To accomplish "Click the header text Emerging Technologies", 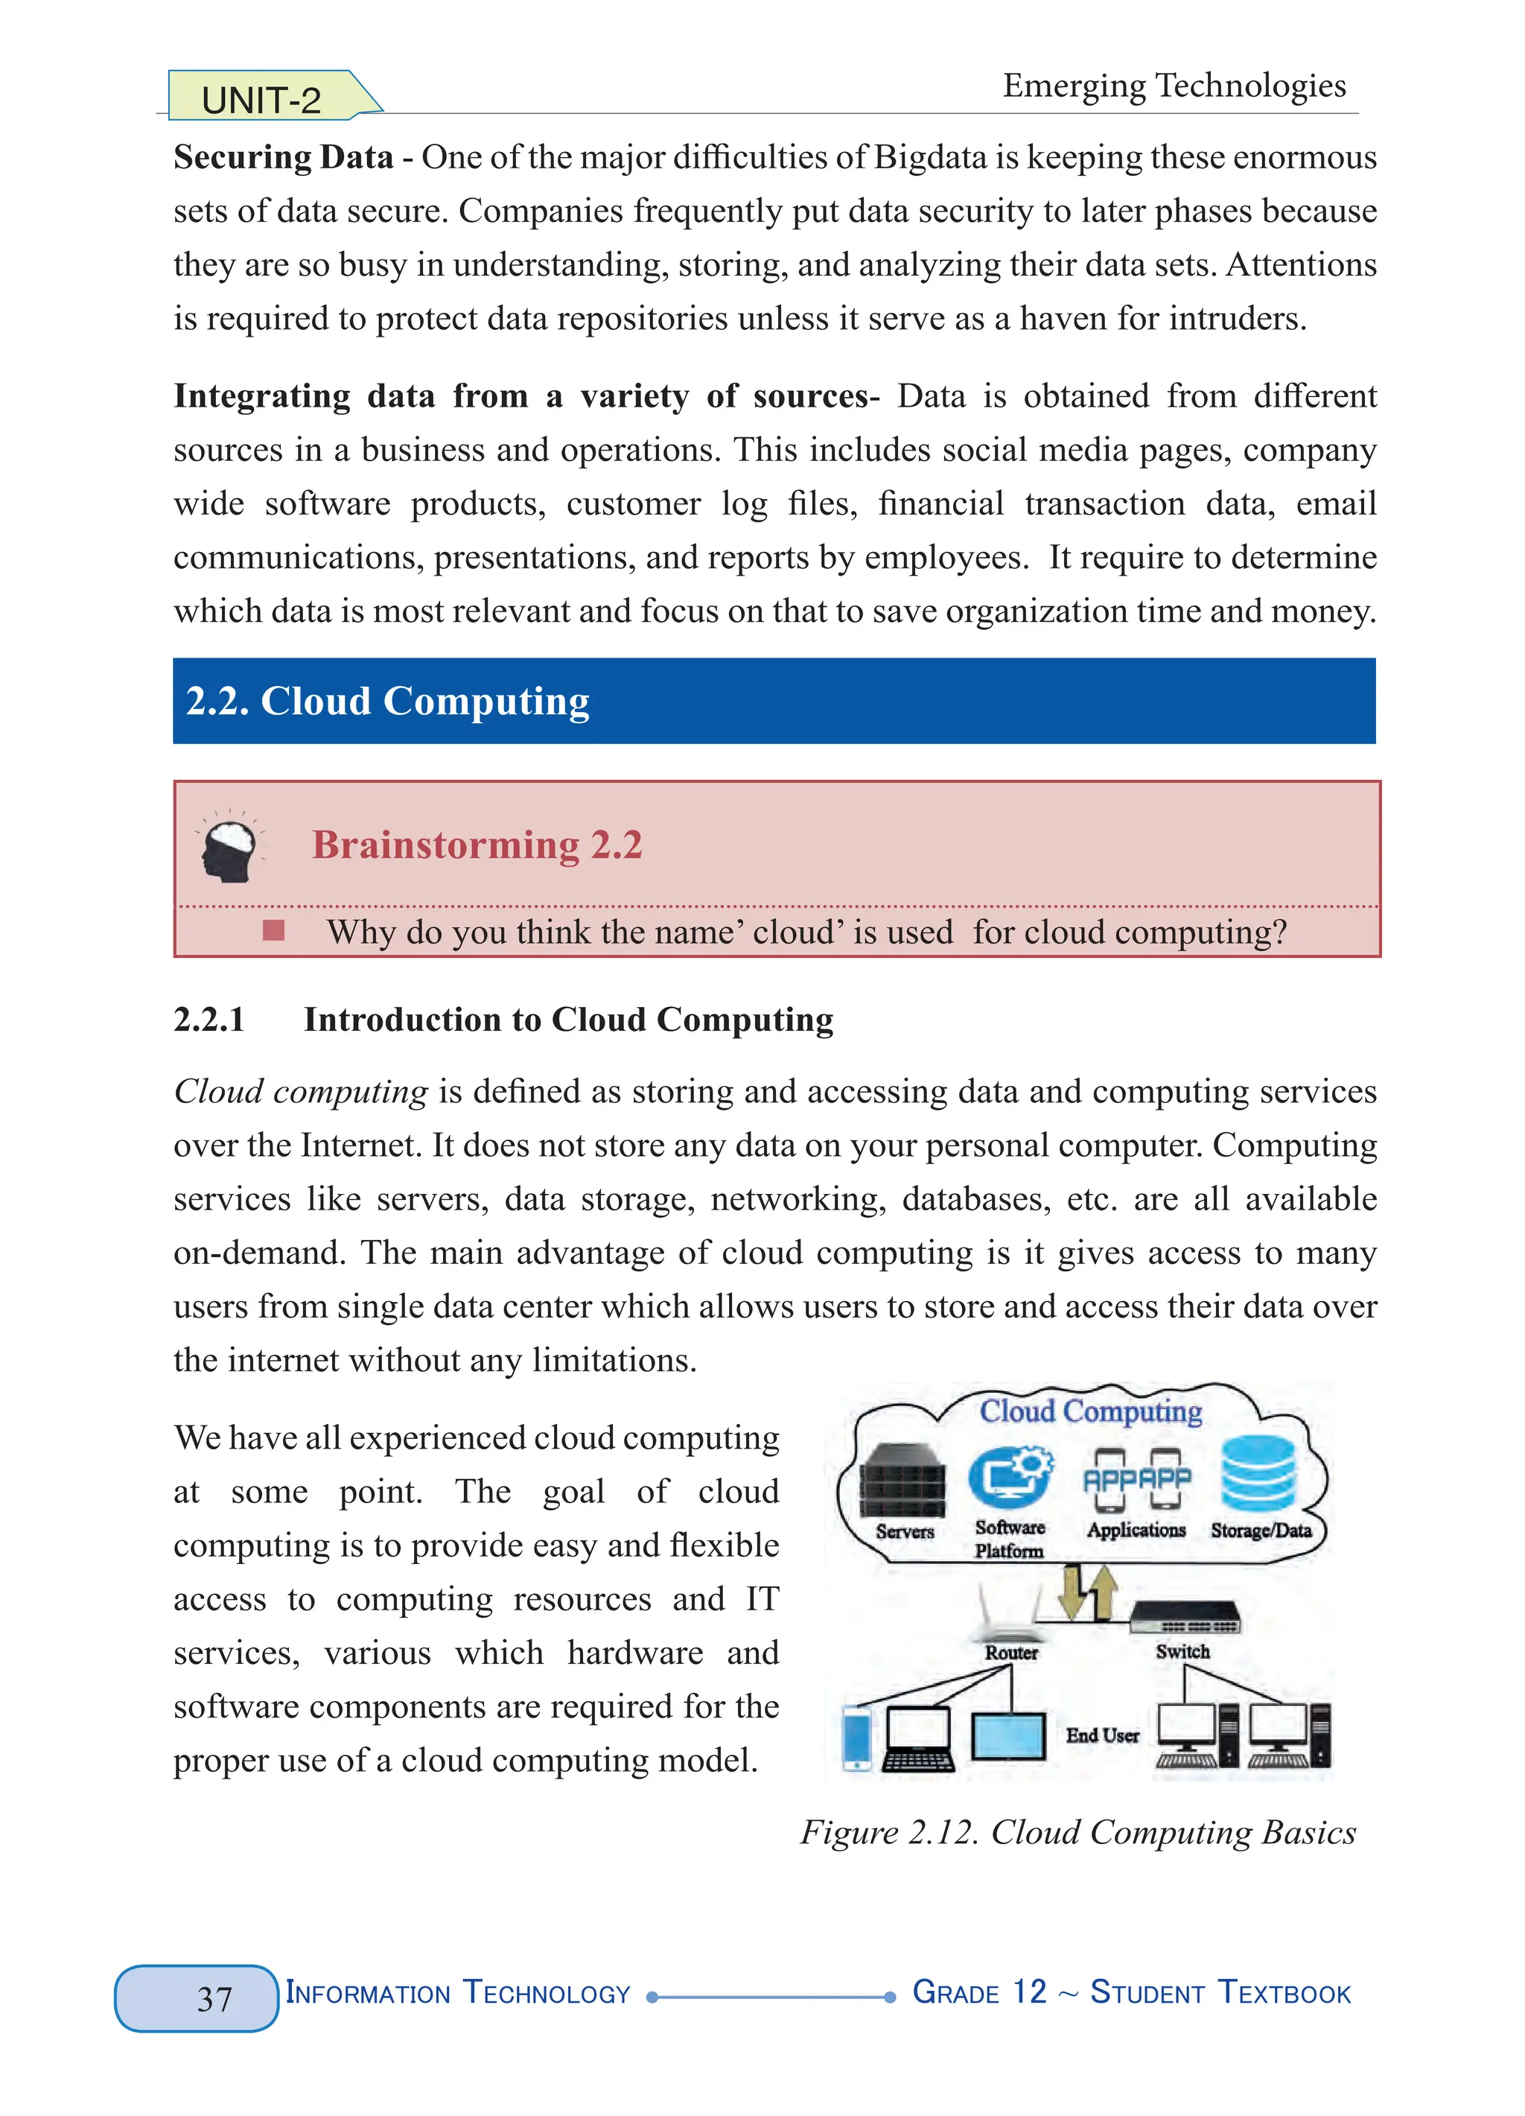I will [x=1174, y=86].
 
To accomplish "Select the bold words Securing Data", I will [x=283, y=156].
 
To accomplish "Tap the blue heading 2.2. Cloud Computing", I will [x=387, y=701].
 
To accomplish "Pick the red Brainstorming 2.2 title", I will [x=477, y=845].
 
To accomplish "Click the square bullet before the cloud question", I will [x=273, y=930].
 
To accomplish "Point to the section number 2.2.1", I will [x=209, y=1020].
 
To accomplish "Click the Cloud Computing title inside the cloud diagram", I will [x=1089, y=1411].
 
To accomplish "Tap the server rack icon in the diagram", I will [x=901, y=1481].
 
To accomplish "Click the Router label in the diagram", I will [x=1011, y=1652].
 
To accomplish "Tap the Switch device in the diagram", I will [x=1185, y=1617].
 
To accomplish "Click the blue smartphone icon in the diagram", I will [x=856, y=1737].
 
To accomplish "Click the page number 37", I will [x=214, y=1998].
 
